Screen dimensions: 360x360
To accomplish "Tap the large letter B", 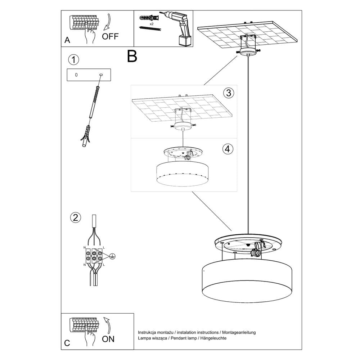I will click(x=132, y=56).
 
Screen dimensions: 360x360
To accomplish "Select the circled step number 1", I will click(x=73, y=60).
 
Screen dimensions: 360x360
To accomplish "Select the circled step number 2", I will click(x=75, y=217).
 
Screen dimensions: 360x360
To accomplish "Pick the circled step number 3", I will click(x=228, y=93).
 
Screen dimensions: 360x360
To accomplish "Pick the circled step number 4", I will click(x=228, y=149).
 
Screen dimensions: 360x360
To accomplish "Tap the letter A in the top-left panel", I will click(x=67, y=41).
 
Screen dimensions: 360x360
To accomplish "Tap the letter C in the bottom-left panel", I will click(x=67, y=343).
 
